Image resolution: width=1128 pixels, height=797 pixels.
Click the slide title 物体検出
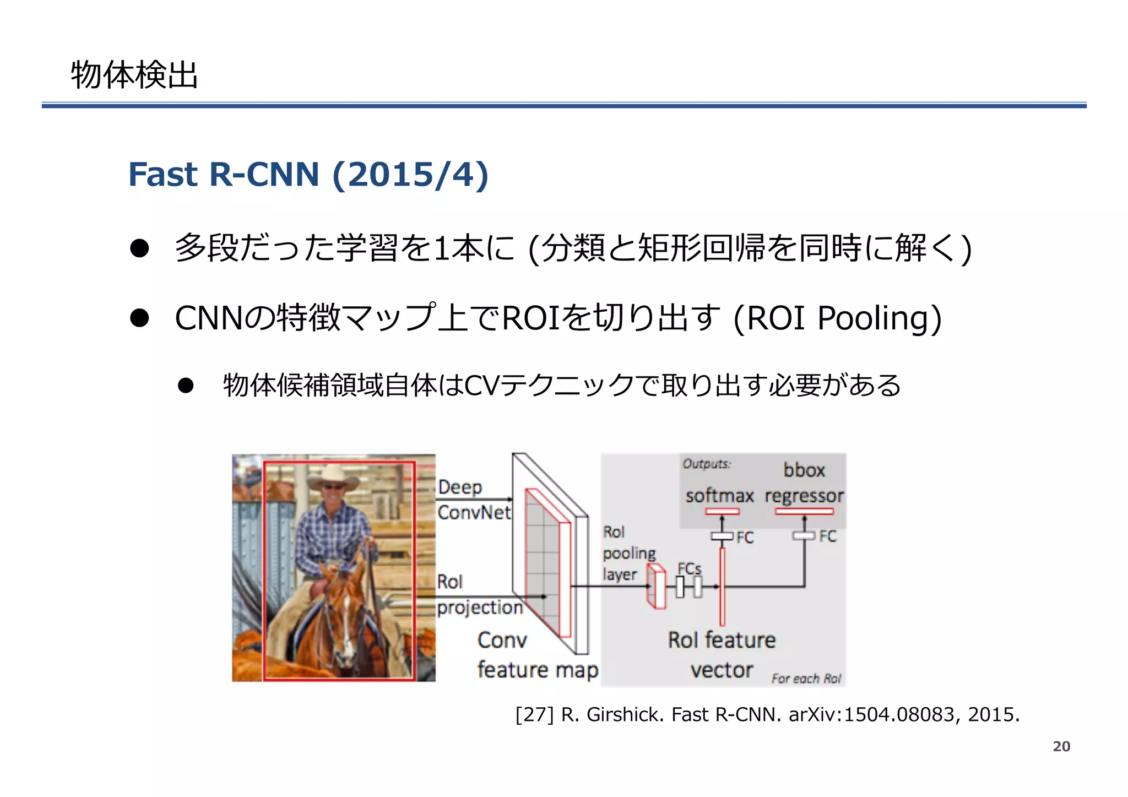(134, 75)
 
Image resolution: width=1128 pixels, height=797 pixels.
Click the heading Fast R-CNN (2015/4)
(308, 175)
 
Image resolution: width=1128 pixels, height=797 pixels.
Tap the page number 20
(1061, 746)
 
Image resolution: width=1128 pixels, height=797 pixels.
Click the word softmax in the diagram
(719, 496)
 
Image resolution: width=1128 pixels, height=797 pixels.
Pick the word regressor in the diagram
(804, 496)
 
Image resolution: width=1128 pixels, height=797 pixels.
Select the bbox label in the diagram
(804, 470)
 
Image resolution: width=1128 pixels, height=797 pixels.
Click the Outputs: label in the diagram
(707, 464)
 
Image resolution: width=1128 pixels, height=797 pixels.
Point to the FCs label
(689, 568)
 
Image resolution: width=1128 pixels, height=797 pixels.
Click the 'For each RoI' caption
(806, 679)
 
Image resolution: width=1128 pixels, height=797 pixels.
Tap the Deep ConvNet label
(474, 500)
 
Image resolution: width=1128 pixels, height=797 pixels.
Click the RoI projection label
(478, 595)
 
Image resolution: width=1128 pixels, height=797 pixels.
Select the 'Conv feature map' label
(537, 655)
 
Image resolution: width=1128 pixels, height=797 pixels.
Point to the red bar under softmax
(722, 512)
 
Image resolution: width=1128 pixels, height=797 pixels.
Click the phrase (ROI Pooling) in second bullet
(837, 318)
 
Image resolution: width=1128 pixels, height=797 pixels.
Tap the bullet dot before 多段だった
(140, 248)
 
